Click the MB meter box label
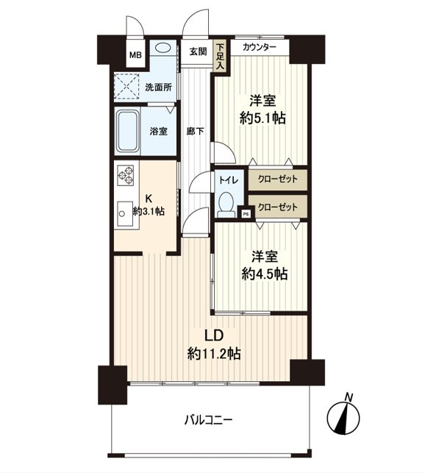tap(135, 55)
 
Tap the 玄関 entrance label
tap(199, 51)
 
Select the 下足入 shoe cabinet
tap(220, 57)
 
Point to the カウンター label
tap(260, 47)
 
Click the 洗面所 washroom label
tap(158, 88)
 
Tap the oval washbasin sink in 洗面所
tap(163, 47)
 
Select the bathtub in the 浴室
tap(128, 132)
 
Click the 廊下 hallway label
tap(195, 132)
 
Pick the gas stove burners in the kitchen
tap(126, 175)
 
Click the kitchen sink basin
tap(125, 213)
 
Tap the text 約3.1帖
tap(149, 211)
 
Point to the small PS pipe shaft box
tap(246, 214)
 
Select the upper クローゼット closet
tap(278, 179)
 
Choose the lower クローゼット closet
tap(278, 207)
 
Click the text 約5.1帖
tap(262, 118)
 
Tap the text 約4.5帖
tap(265, 274)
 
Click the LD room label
tap(214, 335)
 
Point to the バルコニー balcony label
tap(208, 419)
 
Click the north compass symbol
tap(343, 418)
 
